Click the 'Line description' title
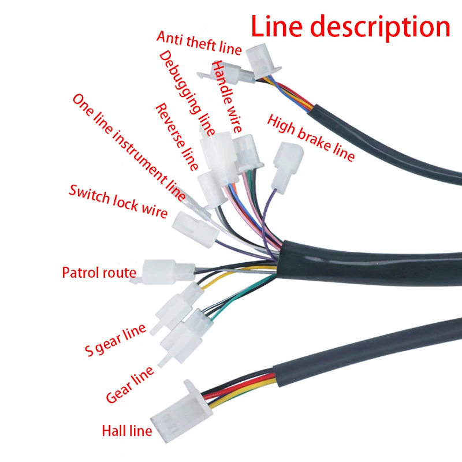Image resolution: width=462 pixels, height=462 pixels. (x=350, y=27)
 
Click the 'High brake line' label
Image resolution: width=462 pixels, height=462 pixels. (x=310, y=137)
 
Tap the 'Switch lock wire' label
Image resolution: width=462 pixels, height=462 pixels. (x=118, y=201)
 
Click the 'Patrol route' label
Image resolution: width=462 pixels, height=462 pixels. (x=99, y=273)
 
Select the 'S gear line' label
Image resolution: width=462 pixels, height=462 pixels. (x=115, y=341)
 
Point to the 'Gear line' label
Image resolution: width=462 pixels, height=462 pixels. (x=130, y=384)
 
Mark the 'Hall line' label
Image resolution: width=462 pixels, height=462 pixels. (x=126, y=430)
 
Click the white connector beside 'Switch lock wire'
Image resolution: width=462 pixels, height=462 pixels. (x=195, y=228)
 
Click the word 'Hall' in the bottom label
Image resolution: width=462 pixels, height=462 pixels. (x=113, y=430)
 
